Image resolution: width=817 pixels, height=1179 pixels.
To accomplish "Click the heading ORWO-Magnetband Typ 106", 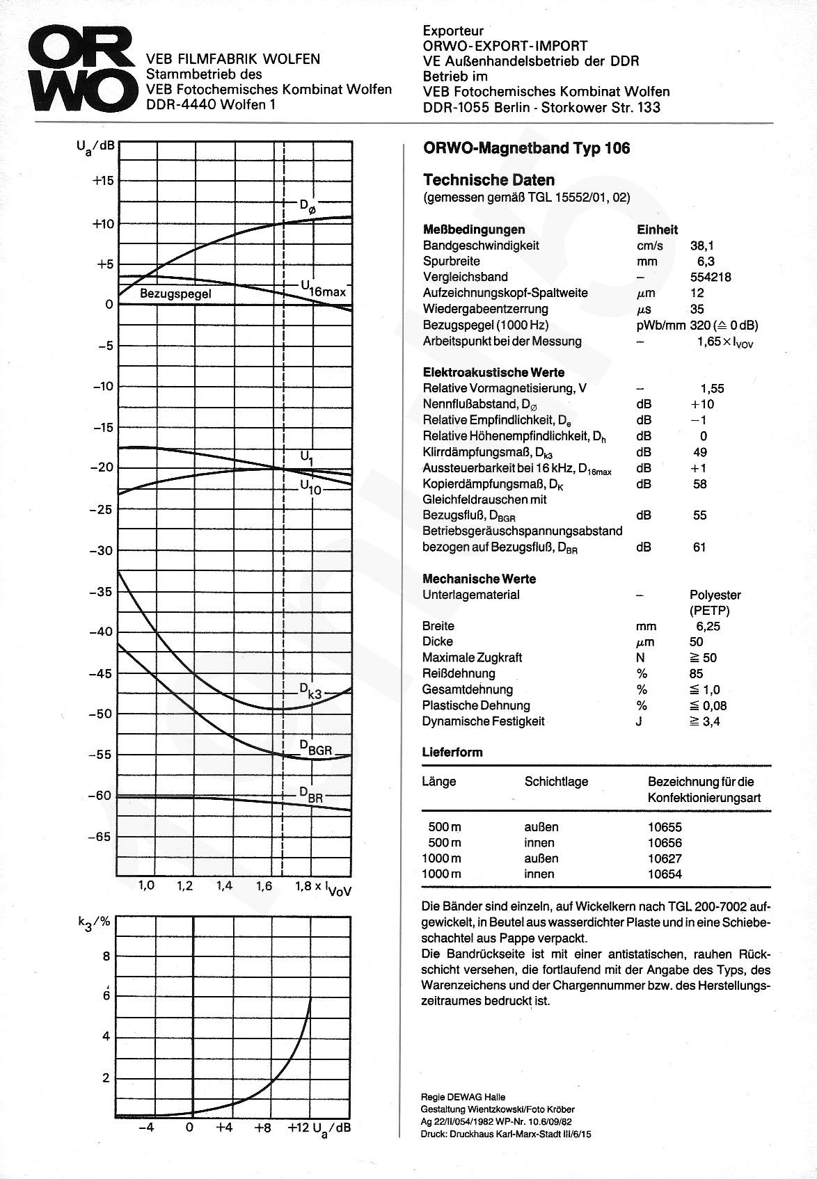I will pyautogui.click(x=526, y=148).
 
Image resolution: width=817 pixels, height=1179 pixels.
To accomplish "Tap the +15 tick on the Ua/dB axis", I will pyautogui.click(x=102, y=181).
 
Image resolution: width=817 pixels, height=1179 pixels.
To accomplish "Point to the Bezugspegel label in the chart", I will pyautogui.click(x=175, y=294).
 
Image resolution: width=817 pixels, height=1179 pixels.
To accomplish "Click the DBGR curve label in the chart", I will pyautogui.click(x=316, y=748).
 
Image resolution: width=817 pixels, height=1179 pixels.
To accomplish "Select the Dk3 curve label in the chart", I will pyautogui.click(x=310, y=691).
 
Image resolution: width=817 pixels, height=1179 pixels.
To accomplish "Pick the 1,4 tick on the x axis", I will pyautogui.click(x=224, y=886).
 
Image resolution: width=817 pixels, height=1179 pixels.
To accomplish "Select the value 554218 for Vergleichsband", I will pyautogui.click(x=711, y=277).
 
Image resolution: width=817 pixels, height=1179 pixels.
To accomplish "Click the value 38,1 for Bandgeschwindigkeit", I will pyautogui.click(x=701, y=246).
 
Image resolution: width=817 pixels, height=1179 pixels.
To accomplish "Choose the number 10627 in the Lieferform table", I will pyautogui.click(x=665, y=858).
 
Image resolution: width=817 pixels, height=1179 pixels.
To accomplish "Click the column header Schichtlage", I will pyautogui.click(x=556, y=782).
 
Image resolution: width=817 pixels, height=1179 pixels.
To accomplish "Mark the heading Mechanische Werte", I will pyautogui.click(x=479, y=579).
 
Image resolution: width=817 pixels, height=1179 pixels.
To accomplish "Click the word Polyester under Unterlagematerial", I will pyautogui.click(x=715, y=595).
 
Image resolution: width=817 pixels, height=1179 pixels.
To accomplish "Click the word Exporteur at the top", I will pyautogui.click(x=452, y=31).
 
